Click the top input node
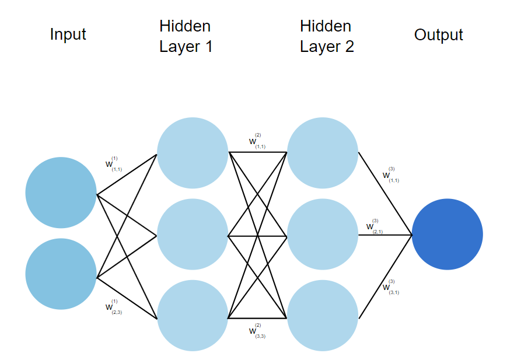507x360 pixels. tap(61, 193)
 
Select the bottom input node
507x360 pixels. tap(61, 274)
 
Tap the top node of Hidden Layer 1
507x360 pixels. tap(192, 153)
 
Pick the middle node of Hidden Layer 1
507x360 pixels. tap(192, 235)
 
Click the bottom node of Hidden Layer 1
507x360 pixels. tap(192, 316)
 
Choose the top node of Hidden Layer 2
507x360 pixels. tap(323, 153)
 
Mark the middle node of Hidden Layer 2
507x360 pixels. tap(323, 235)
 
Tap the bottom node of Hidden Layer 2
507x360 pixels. tap(323, 316)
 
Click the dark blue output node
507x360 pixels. tap(447, 235)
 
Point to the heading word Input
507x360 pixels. tap(68, 34)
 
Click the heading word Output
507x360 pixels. tap(438, 35)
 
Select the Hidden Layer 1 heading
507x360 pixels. tap(186, 36)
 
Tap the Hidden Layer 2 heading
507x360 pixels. tap(327, 36)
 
